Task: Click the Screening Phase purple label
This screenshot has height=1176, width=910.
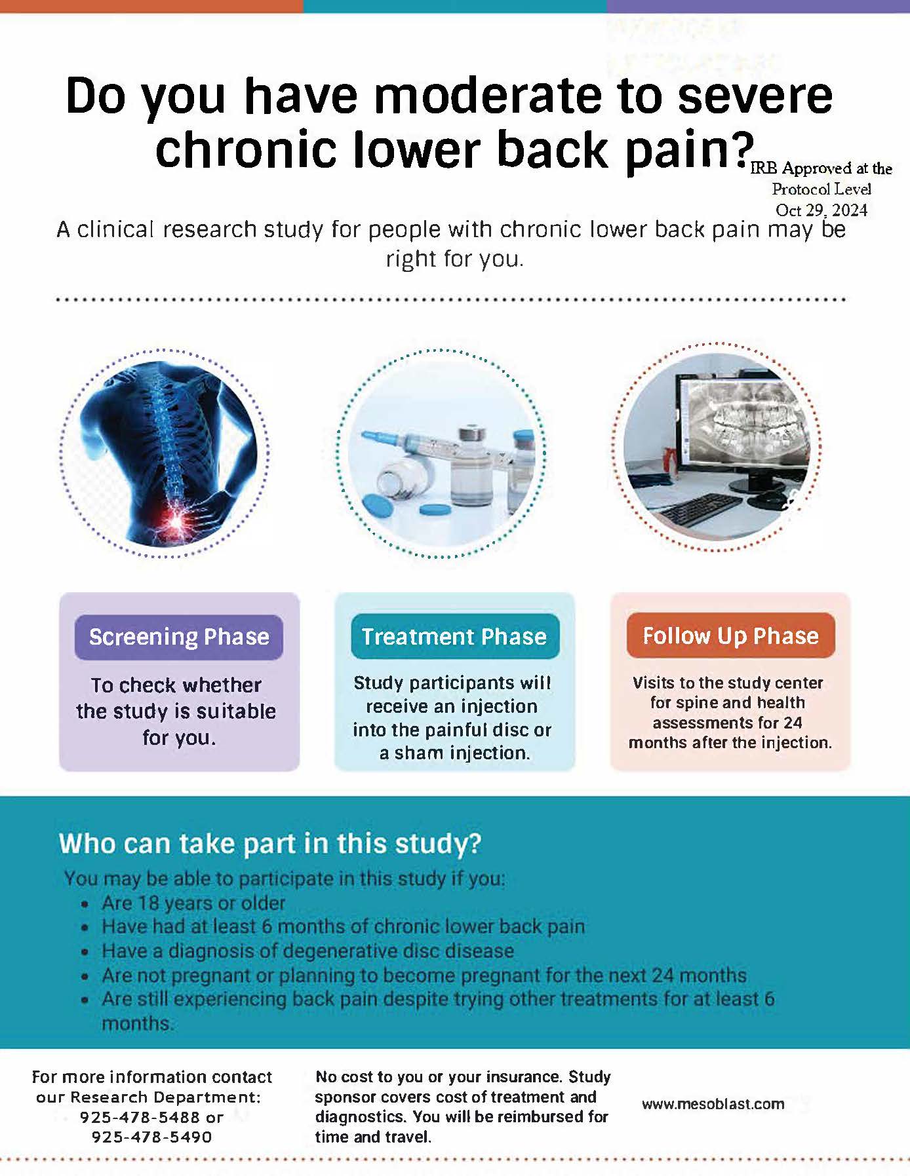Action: pyautogui.click(x=179, y=637)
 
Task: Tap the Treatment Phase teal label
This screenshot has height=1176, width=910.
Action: pyautogui.click(x=455, y=636)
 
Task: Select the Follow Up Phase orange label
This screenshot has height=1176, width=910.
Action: pyautogui.click(x=730, y=635)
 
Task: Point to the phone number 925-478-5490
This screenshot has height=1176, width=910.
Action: pyautogui.click(x=151, y=1137)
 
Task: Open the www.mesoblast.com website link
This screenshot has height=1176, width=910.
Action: pyautogui.click(x=713, y=1104)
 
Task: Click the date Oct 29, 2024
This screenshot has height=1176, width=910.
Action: pyautogui.click(x=821, y=210)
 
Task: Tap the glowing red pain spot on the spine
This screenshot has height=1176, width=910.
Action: pyautogui.click(x=177, y=521)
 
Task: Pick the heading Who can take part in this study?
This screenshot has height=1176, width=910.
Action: pyautogui.click(x=270, y=844)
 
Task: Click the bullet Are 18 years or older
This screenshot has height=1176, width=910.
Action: pyautogui.click(x=193, y=903)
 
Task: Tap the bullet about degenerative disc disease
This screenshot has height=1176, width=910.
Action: pyautogui.click(x=307, y=951)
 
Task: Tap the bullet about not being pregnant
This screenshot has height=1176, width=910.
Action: pyautogui.click(x=424, y=976)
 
